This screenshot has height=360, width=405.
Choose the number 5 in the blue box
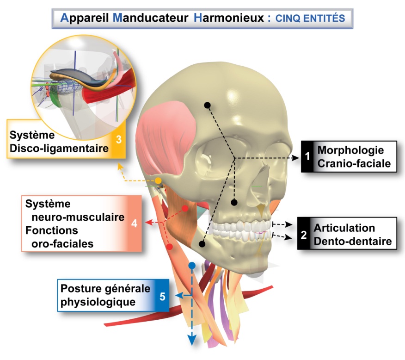tap(162, 296)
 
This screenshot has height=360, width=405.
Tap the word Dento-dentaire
tap(353, 241)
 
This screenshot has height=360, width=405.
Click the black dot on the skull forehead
tap(208, 105)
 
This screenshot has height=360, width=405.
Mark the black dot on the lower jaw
tap(202, 243)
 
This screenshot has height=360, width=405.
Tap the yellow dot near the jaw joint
tap(158, 180)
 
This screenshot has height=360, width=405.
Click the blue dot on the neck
tap(192, 266)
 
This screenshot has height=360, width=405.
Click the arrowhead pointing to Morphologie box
tap(296, 158)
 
